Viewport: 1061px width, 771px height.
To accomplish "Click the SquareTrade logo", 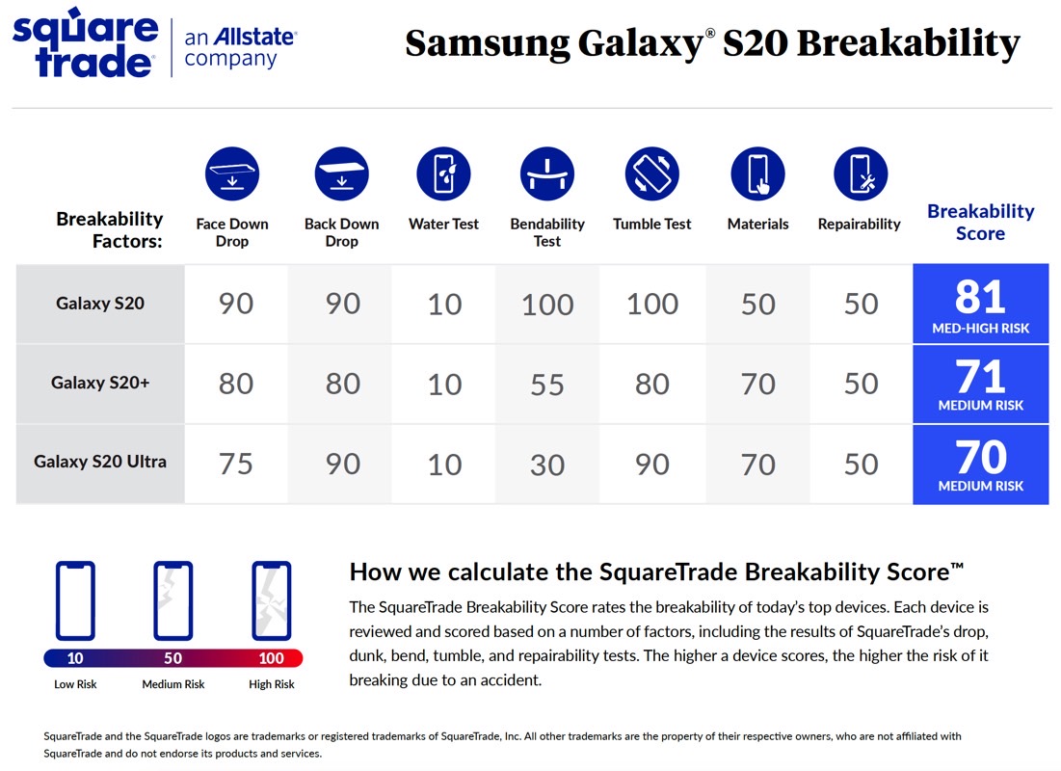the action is click(x=86, y=42).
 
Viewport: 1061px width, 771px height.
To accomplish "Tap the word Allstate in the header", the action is click(x=254, y=37).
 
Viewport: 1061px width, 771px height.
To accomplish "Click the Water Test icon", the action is click(x=443, y=173).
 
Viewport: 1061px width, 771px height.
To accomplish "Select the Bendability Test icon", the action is click(x=546, y=173).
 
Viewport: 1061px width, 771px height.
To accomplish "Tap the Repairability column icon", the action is click(x=860, y=173).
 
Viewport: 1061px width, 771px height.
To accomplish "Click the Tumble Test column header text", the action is click(x=651, y=224).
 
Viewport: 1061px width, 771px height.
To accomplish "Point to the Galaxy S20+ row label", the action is click(x=100, y=383).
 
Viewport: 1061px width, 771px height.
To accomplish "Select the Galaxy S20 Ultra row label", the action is click(x=100, y=462).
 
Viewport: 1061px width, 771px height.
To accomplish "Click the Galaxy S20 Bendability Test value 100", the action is click(x=547, y=305).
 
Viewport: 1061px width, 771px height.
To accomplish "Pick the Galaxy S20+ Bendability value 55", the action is click(x=546, y=385).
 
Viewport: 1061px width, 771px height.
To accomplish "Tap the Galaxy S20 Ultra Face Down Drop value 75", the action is click(x=235, y=465).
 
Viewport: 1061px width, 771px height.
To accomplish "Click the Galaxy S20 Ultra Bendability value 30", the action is click(x=546, y=465).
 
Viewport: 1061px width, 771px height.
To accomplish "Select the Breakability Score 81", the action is click(x=980, y=297).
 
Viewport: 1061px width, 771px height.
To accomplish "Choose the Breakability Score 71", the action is click(x=980, y=377).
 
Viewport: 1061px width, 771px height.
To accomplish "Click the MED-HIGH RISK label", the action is click(x=980, y=329).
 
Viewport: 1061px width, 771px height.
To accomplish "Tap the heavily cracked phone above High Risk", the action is click(x=272, y=600).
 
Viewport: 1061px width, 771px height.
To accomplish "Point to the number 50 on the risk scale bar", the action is click(x=173, y=658).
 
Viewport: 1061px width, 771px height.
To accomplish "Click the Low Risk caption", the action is click(x=75, y=684).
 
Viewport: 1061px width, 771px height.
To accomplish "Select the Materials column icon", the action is click(x=757, y=173).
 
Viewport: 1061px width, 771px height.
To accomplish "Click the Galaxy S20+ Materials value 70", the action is click(x=757, y=385).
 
